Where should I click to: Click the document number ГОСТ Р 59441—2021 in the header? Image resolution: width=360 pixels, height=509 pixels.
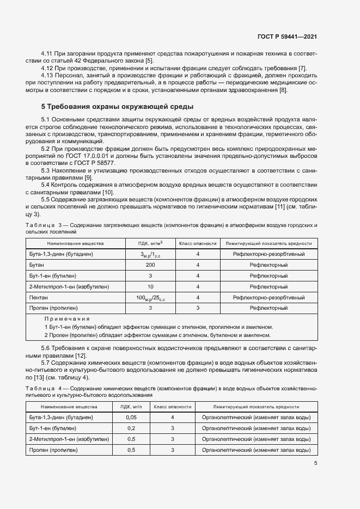(x=288, y=36)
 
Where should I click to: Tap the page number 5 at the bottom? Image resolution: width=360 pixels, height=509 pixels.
(x=316, y=463)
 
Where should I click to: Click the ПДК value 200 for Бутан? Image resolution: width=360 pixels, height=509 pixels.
(x=150, y=265)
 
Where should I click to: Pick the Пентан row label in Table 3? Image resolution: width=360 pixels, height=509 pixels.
(x=39, y=297)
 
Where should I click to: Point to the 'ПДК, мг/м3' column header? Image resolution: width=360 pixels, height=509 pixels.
(x=150, y=243)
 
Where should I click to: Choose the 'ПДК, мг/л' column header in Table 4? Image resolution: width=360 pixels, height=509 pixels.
(x=131, y=407)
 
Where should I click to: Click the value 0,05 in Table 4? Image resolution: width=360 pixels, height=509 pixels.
(x=131, y=417)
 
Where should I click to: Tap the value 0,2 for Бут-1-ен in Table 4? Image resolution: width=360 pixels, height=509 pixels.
(x=131, y=428)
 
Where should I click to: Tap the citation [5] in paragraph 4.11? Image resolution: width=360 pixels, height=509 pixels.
(x=149, y=61)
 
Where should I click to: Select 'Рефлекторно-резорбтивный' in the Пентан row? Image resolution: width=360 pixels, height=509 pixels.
(x=269, y=297)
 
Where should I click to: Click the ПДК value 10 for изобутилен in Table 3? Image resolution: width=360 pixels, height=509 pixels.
(x=150, y=286)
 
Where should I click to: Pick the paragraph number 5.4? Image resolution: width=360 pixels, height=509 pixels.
(x=46, y=185)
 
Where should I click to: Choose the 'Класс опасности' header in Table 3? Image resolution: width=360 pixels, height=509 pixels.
(x=198, y=243)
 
